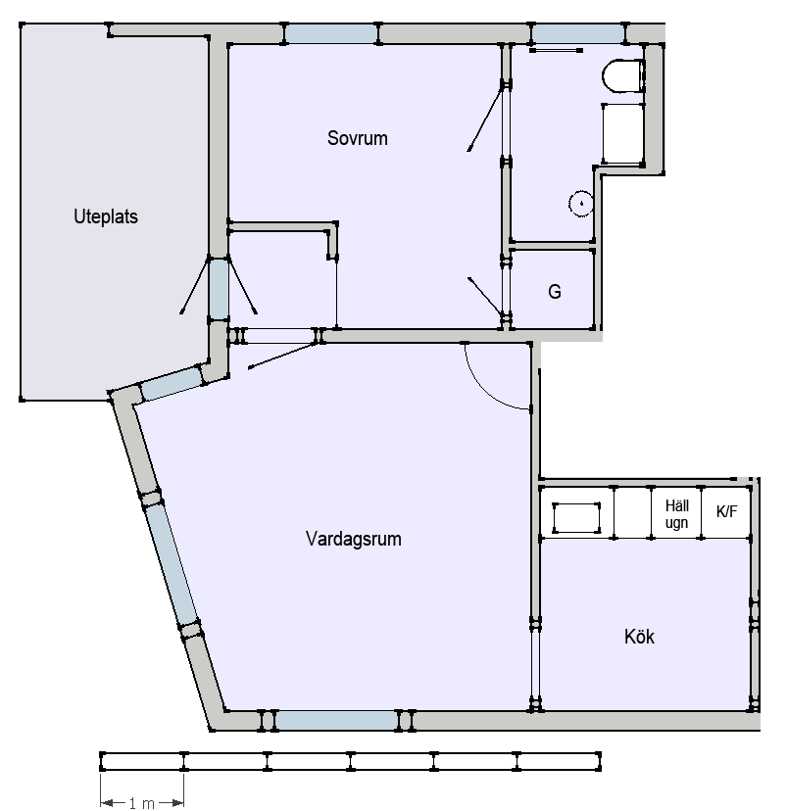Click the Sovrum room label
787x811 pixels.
pyautogui.click(x=357, y=138)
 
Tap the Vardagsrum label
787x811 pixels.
pyautogui.click(x=354, y=539)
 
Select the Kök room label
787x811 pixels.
pyautogui.click(x=639, y=637)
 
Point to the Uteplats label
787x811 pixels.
pyautogui.click(x=106, y=216)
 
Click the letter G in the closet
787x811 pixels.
pyautogui.click(x=554, y=292)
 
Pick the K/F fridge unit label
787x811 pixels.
pyautogui.click(x=726, y=511)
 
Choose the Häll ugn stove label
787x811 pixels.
pyautogui.click(x=676, y=514)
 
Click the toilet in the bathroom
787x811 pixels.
pyautogui.click(x=623, y=76)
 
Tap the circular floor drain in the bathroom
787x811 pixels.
pyautogui.click(x=581, y=204)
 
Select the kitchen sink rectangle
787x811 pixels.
pyautogui.click(x=576, y=517)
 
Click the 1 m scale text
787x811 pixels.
pyautogui.click(x=141, y=803)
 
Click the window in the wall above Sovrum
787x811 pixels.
pyautogui.click(x=331, y=33)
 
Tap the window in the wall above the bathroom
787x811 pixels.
pyautogui.click(x=578, y=33)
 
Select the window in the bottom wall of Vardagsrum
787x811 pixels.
pyautogui.click(x=336, y=720)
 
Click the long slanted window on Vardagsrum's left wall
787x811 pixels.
pyautogui.click(x=172, y=564)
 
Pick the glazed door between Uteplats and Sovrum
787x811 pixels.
pyautogui.click(x=219, y=289)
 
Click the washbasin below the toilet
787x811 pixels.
pyautogui.click(x=622, y=134)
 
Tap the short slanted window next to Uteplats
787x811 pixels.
pyautogui.click(x=172, y=383)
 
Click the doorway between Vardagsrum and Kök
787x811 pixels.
pyautogui.click(x=535, y=664)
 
